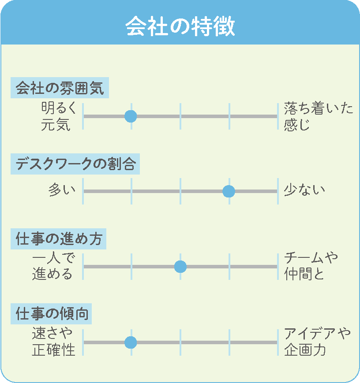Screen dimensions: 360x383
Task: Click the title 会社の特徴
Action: (x=180, y=26)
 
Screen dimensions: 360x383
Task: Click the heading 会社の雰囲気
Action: (x=60, y=88)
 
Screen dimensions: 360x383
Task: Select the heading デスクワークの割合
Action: (x=75, y=164)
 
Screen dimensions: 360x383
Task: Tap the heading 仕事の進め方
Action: (x=59, y=239)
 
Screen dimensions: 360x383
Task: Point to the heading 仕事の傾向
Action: (x=52, y=314)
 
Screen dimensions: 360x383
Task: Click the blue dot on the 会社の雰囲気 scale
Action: (x=131, y=116)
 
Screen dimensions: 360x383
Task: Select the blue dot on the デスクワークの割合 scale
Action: (x=229, y=191)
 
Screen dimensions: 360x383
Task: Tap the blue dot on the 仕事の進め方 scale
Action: (x=180, y=267)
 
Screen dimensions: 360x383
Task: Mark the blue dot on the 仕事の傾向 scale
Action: (x=131, y=342)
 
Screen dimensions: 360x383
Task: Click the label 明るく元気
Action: (x=59, y=116)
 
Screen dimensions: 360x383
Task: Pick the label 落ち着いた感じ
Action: (x=319, y=116)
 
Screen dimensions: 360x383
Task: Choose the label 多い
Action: (x=62, y=190)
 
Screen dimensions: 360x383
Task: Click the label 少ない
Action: (x=304, y=190)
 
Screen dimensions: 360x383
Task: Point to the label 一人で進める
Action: (x=53, y=266)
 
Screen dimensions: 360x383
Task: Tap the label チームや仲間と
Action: (x=311, y=266)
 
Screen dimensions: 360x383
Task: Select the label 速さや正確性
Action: (x=53, y=342)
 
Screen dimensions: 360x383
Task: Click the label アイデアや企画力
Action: (x=317, y=342)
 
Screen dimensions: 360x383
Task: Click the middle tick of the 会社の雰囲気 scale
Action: (x=180, y=116)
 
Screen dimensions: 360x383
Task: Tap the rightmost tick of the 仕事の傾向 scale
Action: (x=278, y=342)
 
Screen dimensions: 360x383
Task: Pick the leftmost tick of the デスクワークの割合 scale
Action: (x=83, y=191)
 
